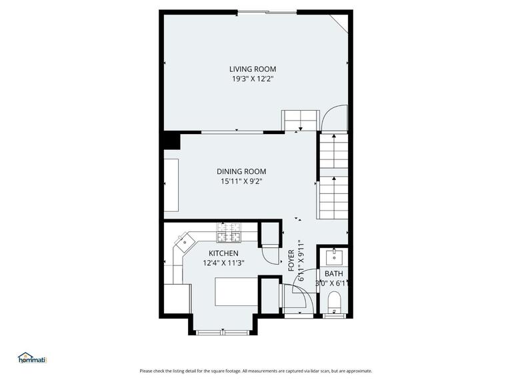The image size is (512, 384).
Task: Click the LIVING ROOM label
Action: pos(253,69)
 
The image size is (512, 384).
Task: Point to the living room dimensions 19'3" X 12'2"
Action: pos(253,79)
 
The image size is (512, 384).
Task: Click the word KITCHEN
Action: pos(223,253)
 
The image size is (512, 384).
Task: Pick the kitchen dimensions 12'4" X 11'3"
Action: pos(223,263)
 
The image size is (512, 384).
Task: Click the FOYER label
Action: pos(291,260)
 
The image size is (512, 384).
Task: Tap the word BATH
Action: pos(333,274)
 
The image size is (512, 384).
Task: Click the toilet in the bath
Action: pos(333,305)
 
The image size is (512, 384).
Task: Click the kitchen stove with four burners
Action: pos(228,233)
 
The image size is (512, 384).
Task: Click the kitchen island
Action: pos(235,292)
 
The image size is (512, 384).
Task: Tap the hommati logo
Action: pos(31,358)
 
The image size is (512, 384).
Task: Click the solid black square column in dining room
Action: pos(172,141)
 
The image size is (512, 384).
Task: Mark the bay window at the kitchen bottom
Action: pos(223,331)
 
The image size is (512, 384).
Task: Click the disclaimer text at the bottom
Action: pos(256,371)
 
